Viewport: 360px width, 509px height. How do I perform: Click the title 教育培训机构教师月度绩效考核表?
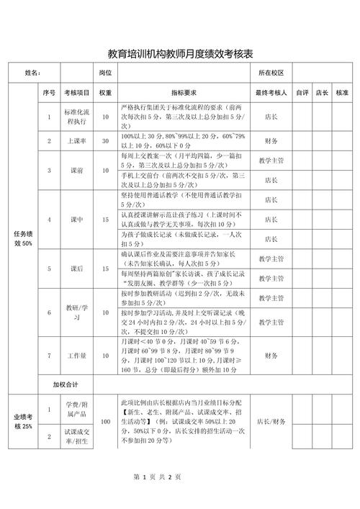pyautogui.click(x=180, y=54)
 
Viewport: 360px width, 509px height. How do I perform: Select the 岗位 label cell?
pyautogui.click(x=105, y=73)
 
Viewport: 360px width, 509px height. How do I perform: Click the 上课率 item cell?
pyautogui.click(x=77, y=141)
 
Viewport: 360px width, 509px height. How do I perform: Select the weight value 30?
pyautogui.click(x=105, y=141)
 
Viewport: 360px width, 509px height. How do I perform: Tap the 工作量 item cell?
pyautogui.click(x=77, y=356)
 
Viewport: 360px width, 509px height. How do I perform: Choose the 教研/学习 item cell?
pyautogui.click(x=77, y=313)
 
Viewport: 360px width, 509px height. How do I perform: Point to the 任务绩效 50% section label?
pyautogui.click(x=23, y=238)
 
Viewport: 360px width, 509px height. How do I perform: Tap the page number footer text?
pyautogui.click(x=157, y=477)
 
